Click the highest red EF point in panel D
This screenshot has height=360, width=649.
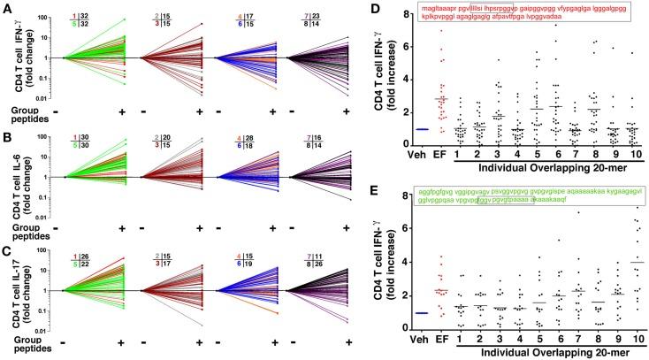pyautogui.click(x=441, y=31)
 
